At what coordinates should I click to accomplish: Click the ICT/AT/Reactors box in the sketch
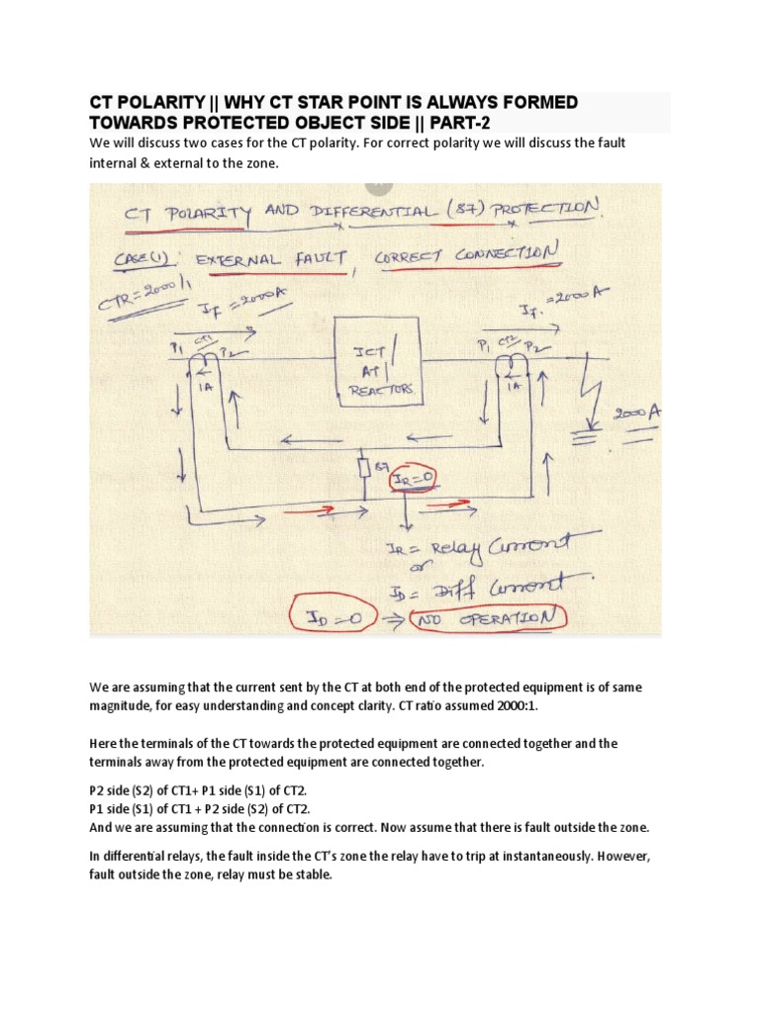(x=381, y=362)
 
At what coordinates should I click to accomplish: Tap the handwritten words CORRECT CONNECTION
(x=468, y=255)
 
